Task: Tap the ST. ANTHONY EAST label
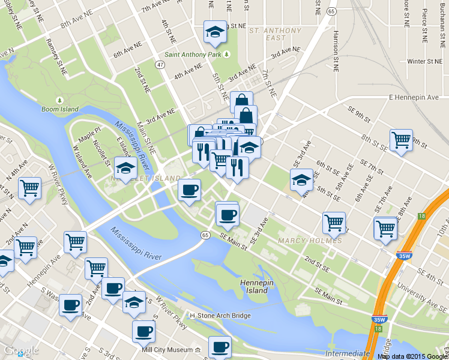(275, 34)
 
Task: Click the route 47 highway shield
(160, 64)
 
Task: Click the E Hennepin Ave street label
(414, 97)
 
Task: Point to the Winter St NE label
(424, 61)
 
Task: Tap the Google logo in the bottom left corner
(21, 351)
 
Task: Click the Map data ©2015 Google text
(412, 356)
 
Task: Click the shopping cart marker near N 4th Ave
(29, 188)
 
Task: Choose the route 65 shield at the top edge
(331, 11)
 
